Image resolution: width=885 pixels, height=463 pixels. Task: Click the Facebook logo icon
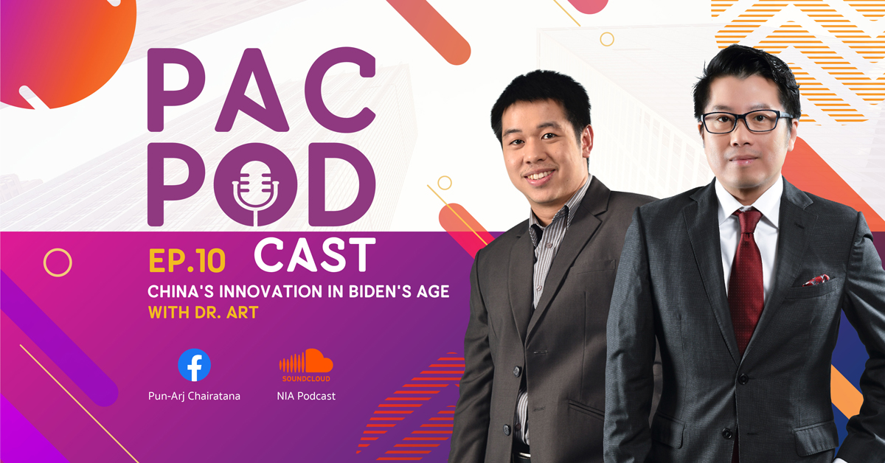coord(194,365)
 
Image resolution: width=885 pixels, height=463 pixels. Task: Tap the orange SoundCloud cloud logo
coord(306,361)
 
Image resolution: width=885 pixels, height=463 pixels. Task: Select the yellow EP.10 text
coord(187,261)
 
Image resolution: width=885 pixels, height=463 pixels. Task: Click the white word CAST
coord(314,255)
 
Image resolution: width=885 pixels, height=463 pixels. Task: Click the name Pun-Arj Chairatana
coord(194,396)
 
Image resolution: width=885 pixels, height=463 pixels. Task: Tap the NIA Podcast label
coord(306,396)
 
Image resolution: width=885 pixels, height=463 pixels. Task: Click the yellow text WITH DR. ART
coord(203,313)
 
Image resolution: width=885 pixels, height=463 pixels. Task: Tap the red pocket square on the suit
coord(816,280)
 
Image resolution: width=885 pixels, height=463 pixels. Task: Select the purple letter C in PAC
coord(340,90)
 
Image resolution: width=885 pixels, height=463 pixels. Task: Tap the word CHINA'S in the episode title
coord(181,291)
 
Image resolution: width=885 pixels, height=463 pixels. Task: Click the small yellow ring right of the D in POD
coord(445,183)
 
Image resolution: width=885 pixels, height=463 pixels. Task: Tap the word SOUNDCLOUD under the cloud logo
coord(306,378)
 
